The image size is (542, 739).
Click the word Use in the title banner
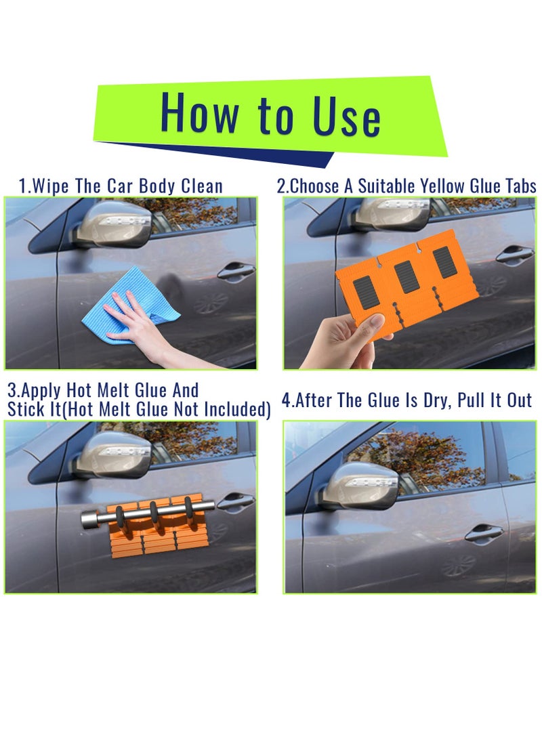[x=346, y=115]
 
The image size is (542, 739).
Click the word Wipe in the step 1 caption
[x=50, y=186]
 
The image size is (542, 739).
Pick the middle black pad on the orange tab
[x=406, y=276]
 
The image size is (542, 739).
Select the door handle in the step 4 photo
[x=484, y=534]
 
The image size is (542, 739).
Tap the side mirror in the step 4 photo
[x=363, y=486]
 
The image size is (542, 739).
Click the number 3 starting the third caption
[x=12, y=391]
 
